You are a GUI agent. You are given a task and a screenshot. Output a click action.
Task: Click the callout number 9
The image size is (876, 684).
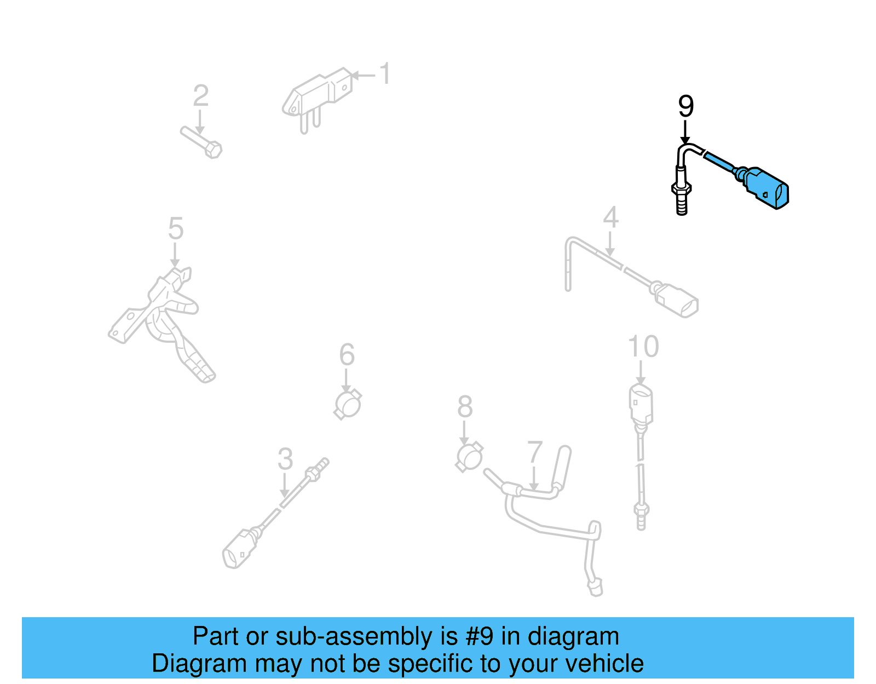(685, 106)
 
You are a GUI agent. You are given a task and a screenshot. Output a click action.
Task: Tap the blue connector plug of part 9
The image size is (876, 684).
(766, 188)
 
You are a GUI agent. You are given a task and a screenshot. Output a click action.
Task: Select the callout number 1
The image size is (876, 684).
(385, 74)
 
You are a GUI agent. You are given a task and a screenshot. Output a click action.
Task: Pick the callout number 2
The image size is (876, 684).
(200, 96)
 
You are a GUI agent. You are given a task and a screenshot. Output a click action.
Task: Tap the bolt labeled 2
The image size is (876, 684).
(201, 141)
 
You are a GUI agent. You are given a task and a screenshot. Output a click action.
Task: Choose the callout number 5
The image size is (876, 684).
(175, 228)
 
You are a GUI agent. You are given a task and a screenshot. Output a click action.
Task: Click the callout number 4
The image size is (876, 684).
(610, 218)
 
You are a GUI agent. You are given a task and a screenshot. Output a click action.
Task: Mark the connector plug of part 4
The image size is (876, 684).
(678, 301)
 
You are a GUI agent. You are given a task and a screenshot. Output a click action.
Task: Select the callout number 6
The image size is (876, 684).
(347, 355)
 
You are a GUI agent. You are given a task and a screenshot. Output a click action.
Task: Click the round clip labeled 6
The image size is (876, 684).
(348, 405)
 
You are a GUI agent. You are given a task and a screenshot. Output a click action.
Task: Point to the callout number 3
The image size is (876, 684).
(285, 459)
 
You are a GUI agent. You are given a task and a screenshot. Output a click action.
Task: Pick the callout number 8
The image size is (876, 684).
(465, 407)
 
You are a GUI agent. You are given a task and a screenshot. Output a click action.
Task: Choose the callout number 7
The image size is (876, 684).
(534, 452)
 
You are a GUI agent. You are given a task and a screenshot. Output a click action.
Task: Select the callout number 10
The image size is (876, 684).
(643, 347)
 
